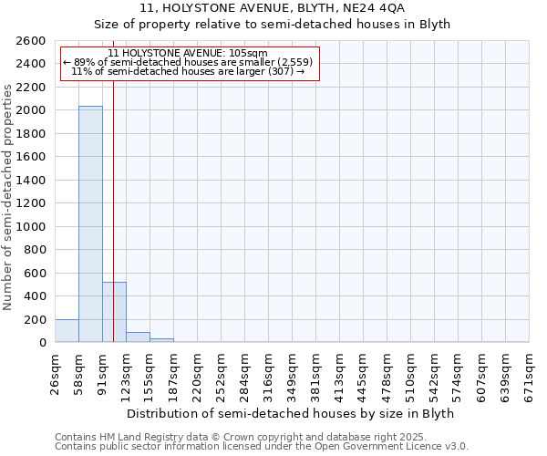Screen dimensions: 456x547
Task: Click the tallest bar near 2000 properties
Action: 90,223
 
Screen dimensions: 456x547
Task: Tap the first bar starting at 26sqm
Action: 67,331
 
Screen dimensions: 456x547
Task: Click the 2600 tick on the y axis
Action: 33,41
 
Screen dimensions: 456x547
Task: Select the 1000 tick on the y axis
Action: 33,227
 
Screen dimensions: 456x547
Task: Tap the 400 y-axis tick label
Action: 36,296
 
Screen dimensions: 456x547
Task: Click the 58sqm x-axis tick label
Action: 79,372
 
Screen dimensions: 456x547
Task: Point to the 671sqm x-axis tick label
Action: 530,372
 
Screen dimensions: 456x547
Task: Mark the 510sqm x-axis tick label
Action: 411,372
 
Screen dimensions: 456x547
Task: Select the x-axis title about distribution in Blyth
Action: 290,413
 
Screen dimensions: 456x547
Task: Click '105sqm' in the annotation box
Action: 249,54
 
